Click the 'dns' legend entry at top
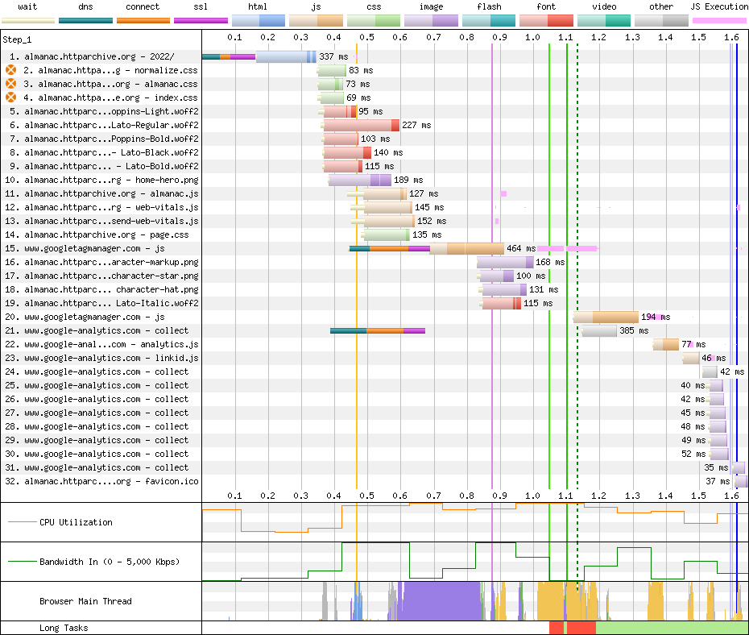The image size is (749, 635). pyautogui.click(x=85, y=7)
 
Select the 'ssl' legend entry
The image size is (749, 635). pyautogui.click(x=201, y=7)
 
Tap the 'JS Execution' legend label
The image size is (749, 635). pyautogui.click(x=719, y=7)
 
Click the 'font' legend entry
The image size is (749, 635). pyautogui.click(x=546, y=7)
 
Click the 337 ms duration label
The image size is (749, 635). pyautogui.click(x=333, y=57)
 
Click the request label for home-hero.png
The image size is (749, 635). pyautogui.click(x=111, y=181)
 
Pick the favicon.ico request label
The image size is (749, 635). pyautogui.click(x=111, y=482)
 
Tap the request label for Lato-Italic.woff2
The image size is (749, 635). pyautogui.click(x=111, y=304)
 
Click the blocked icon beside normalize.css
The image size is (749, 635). pyautogui.click(x=11, y=71)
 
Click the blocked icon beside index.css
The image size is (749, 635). pyautogui.click(x=11, y=98)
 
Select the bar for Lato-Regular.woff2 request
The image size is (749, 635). pyautogui.click(x=361, y=126)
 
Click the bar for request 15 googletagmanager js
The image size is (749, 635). pyautogui.click(x=427, y=249)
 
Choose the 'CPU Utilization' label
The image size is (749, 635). pyautogui.click(x=76, y=522)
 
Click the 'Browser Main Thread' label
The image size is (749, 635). pyautogui.click(x=85, y=601)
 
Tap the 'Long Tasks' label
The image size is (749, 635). pyautogui.click(x=64, y=629)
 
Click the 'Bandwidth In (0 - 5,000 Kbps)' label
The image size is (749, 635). pyautogui.click(x=110, y=562)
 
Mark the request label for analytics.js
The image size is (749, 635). pyautogui.click(x=111, y=345)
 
